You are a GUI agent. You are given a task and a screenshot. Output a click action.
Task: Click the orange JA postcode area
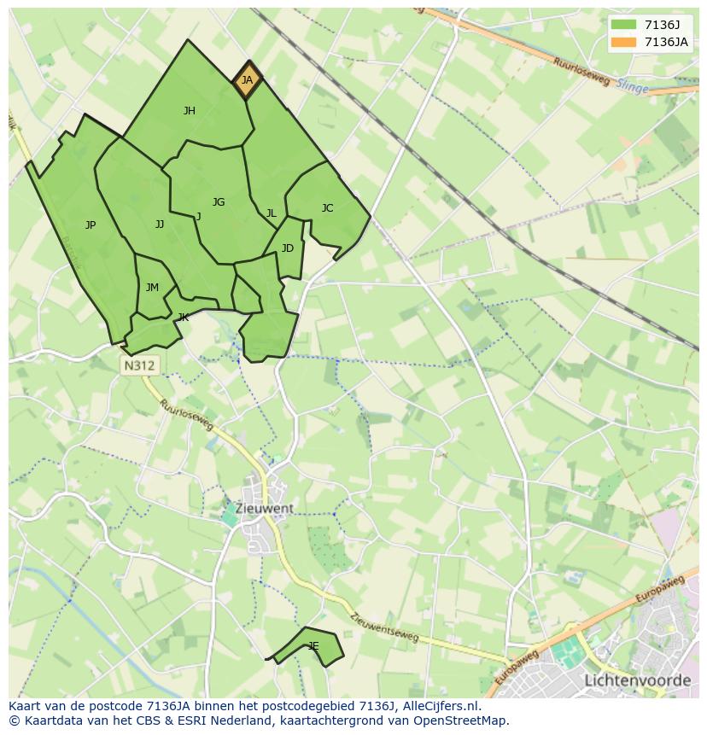tap(247, 80)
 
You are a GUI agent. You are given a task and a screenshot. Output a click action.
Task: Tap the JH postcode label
tap(190, 110)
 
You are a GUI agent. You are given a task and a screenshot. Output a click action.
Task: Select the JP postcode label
tap(91, 225)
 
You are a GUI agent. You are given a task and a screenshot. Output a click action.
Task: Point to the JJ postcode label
tap(160, 225)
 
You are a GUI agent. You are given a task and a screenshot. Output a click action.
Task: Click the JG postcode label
tap(219, 202)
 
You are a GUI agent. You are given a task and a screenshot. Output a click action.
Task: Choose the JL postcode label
tap(271, 213)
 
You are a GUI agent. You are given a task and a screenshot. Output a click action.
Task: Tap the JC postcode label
tap(327, 207)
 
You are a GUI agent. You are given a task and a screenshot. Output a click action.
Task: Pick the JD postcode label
tap(288, 248)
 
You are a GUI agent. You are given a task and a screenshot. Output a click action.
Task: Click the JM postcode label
tap(152, 288)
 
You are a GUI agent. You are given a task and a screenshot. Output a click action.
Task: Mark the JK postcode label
tap(183, 318)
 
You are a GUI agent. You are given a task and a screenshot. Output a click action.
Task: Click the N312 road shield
tap(139, 365)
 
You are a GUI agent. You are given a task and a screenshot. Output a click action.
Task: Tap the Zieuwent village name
tap(265, 508)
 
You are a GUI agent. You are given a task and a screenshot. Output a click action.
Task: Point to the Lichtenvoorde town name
tap(637, 680)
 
